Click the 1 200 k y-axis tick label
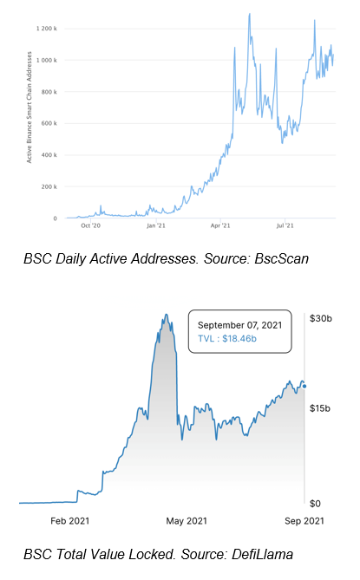coord(47,29)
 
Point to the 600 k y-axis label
coord(49,123)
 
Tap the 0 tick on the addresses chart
coord(56,218)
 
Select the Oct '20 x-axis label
coord(90,225)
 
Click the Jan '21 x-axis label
coord(156,225)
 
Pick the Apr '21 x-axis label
coord(220,225)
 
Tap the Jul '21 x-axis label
coord(285,225)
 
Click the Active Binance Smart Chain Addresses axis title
coord(29,108)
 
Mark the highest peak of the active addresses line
coord(249,14)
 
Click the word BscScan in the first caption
coord(282,258)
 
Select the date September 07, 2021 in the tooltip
coord(239,325)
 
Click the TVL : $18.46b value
coord(227,338)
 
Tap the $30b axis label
coord(321,318)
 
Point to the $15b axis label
coord(320,408)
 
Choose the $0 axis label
coord(315,504)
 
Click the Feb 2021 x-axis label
coord(70,521)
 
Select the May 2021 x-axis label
coord(187,521)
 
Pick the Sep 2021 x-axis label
coord(304,521)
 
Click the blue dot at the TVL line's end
coord(304,387)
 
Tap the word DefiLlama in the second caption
coord(262,554)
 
